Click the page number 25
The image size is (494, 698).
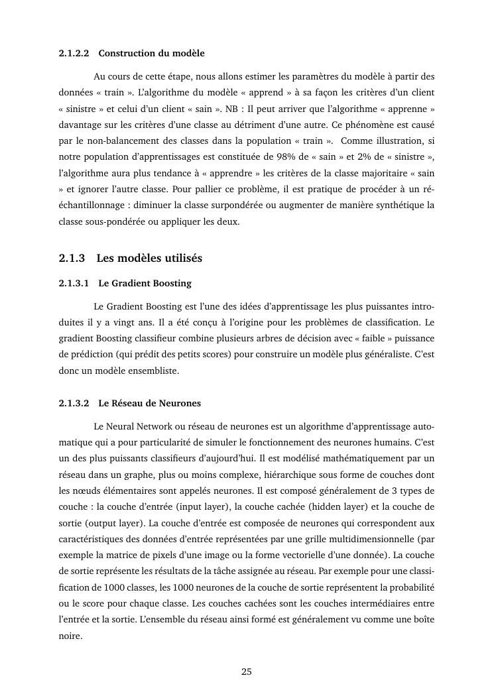pyautogui.click(x=247, y=671)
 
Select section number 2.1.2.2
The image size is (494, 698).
pyautogui.click(x=74, y=53)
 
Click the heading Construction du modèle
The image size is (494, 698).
pyautogui.click(x=151, y=53)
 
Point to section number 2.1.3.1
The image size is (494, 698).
pyautogui.click(x=74, y=284)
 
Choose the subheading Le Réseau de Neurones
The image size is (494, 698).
pyautogui.click(x=149, y=403)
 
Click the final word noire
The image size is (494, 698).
pyautogui.click(x=70, y=634)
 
